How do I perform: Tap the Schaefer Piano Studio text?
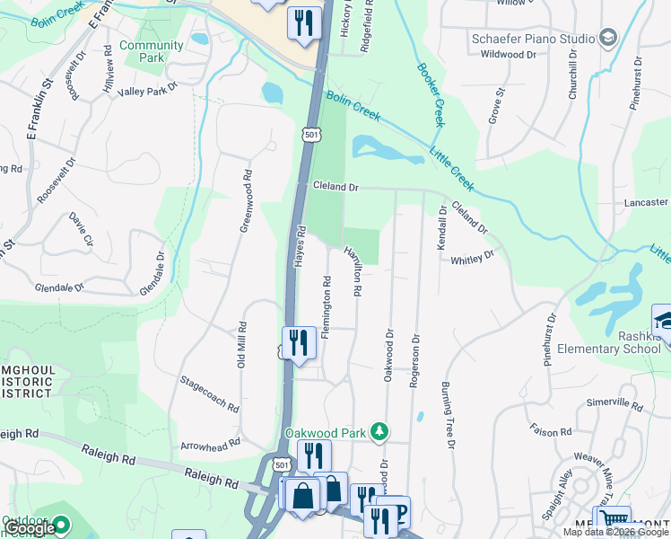click(534, 39)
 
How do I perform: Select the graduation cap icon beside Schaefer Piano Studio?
click(609, 38)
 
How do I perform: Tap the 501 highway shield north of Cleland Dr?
click(310, 135)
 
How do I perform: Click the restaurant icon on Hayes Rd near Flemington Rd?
click(298, 342)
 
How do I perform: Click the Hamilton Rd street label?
click(354, 272)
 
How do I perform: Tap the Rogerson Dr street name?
click(414, 360)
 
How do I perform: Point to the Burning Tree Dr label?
click(448, 415)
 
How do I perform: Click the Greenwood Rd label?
click(244, 200)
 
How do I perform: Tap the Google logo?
click(30, 528)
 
